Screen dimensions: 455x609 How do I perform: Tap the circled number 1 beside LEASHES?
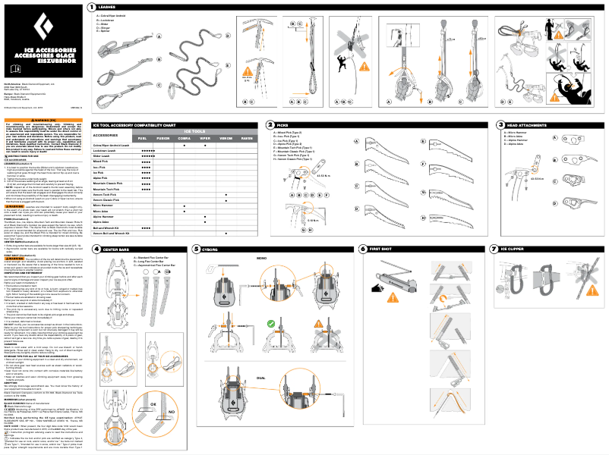(x=91, y=6)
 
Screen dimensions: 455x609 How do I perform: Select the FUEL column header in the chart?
(x=142, y=138)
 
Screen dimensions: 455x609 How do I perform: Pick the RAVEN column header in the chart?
(x=247, y=138)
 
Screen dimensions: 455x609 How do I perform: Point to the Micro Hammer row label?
(x=104, y=205)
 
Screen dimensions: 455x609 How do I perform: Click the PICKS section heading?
(x=282, y=124)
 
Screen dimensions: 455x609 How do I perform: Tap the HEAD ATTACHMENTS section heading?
(x=524, y=124)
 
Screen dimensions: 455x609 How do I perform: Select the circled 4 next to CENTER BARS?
(x=96, y=248)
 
